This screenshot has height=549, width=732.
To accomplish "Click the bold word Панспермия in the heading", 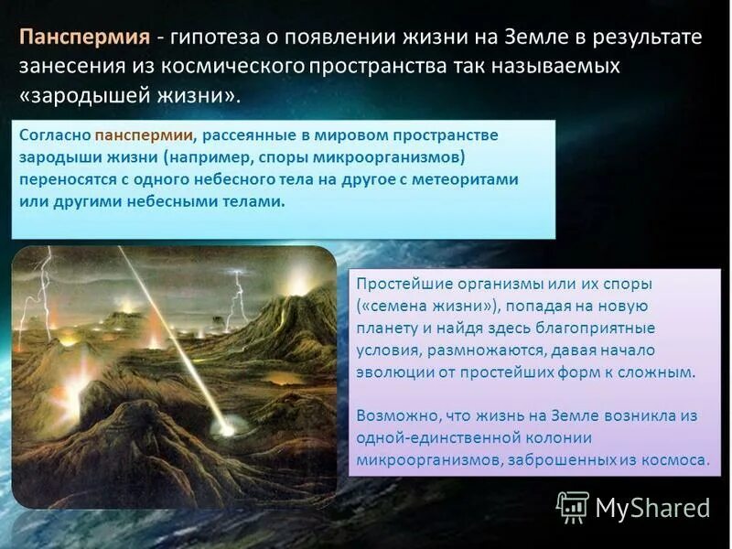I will (84, 38).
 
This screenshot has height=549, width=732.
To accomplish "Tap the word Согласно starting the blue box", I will (52, 135).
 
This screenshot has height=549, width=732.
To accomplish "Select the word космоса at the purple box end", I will (677, 460).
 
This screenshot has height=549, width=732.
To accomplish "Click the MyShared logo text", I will (652, 507).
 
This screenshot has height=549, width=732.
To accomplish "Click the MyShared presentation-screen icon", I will (572, 506).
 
